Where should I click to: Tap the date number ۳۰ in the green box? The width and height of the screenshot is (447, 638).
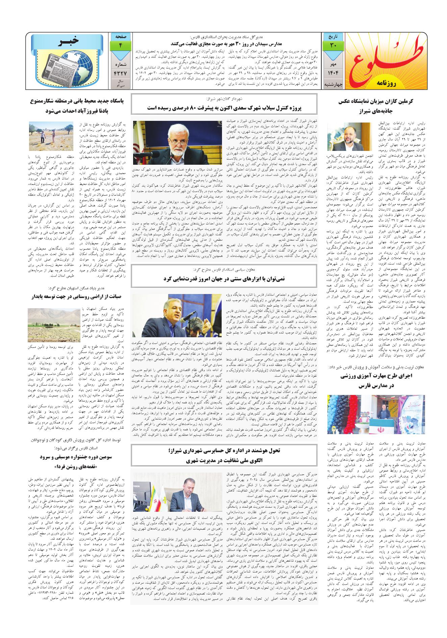pos(333,45)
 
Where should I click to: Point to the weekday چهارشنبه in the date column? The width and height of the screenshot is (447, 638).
pos(333,84)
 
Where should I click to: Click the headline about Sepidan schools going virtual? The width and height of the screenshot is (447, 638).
pos(226,43)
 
